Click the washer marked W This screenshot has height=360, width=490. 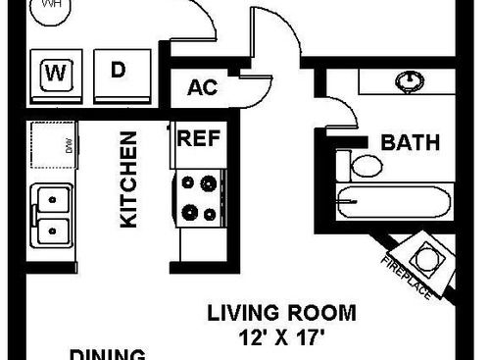pyautogui.click(x=56, y=75)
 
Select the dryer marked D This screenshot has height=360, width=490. pyautogui.click(x=118, y=72)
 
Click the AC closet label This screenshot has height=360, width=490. pyautogui.click(x=201, y=87)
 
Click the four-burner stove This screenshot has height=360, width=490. pyautogui.click(x=199, y=196)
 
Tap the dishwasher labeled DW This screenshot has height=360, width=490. pyautogui.click(x=52, y=146)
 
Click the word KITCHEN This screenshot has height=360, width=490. pyautogui.click(x=128, y=181)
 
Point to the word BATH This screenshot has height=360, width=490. pyautogui.click(x=410, y=143)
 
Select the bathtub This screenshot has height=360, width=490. pyautogui.click(x=392, y=203)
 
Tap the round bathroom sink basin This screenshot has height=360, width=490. pyautogui.click(x=405, y=79)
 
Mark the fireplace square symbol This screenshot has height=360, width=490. pyautogui.click(x=429, y=258)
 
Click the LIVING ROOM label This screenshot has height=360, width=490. pyautogui.click(x=280, y=314)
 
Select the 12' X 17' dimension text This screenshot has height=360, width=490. pyautogui.click(x=280, y=338)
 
